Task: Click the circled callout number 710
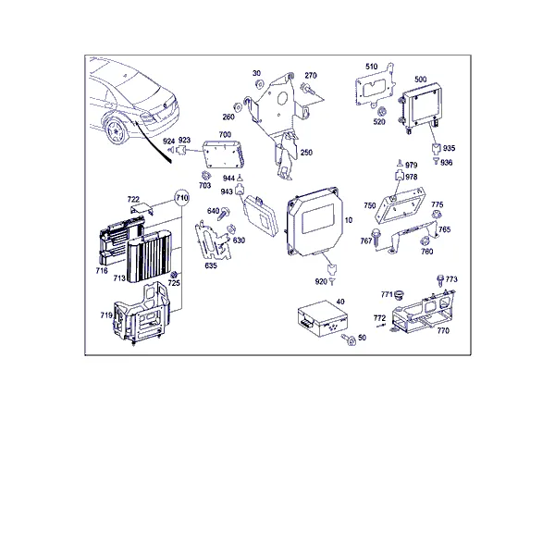tap(182, 198)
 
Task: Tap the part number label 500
tap(421, 80)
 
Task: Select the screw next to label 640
tap(224, 214)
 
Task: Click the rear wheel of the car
tap(117, 131)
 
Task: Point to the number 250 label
tap(306, 153)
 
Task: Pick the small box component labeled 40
tap(322, 318)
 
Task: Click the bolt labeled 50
tap(349, 339)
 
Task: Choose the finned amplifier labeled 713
tap(149, 256)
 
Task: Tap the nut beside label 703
tap(204, 176)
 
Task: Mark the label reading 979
tap(412, 166)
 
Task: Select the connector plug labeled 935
tap(437, 149)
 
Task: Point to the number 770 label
tap(443, 330)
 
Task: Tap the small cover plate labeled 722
tap(142, 209)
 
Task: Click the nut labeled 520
tap(382, 112)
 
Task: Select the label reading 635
tap(211, 265)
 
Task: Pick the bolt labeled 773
tap(440, 280)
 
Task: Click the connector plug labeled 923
tap(182, 150)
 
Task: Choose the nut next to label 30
tap(259, 84)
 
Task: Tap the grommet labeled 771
tap(400, 294)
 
